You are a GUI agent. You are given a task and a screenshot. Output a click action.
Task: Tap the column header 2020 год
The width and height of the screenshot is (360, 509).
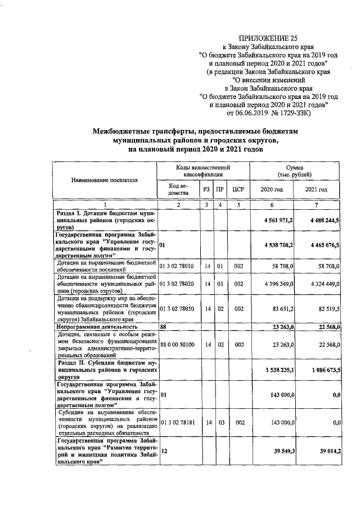point(271,190)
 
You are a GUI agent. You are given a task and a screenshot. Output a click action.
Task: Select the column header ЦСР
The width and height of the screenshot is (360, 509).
point(238,190)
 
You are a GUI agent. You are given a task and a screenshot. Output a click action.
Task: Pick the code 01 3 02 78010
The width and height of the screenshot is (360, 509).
point(177,266)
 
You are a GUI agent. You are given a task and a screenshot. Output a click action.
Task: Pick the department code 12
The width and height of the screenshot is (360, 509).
point(164,451)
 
